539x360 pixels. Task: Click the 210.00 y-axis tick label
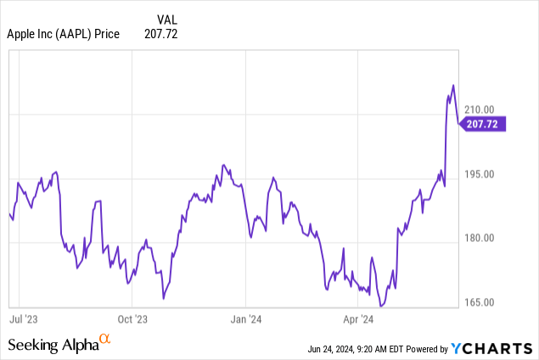pyautogui.click(x=490, y=110)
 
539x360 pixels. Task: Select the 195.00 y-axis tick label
pyautogui.click(x=490, y=174)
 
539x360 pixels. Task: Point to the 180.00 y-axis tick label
pyautogui.click(x=490, y=238)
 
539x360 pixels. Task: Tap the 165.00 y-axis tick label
pyautogui.click(x=490, y=301)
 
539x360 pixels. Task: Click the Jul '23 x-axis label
pyautogui.click(x=23, y=320)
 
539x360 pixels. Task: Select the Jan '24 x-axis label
pyautogui.click(x=244, y=320)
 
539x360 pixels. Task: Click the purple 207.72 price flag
pyautogui.click(x=483, y=124)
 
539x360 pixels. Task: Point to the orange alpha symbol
pyautogui.click(x=105, y=340)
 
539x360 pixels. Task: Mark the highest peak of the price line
pyautogui.click(x=453, y=85)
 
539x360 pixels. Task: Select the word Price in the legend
pyautogui.click(x=105, y=33)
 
